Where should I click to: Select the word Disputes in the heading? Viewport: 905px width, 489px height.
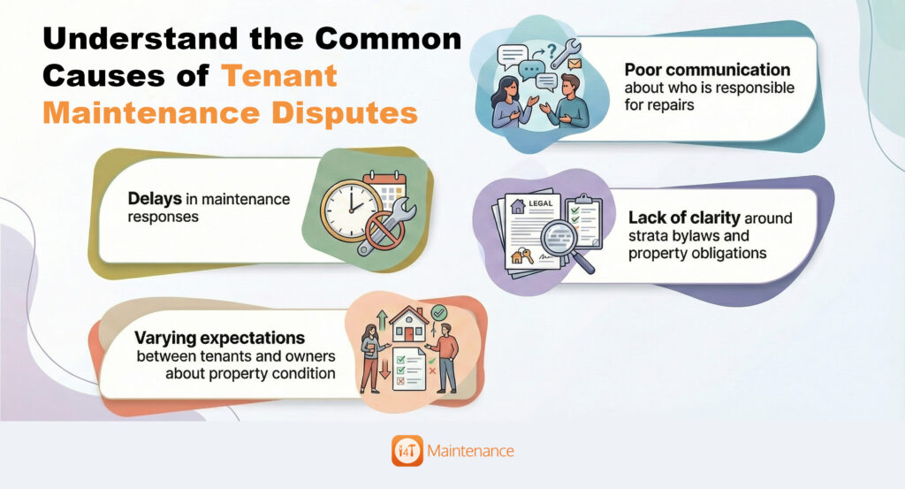tap(346, 113)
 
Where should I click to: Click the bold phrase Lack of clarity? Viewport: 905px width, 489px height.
tap(684, 217)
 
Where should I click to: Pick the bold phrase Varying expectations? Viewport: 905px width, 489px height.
tap(219, 338)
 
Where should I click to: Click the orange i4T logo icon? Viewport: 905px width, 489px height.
tap(407, 450)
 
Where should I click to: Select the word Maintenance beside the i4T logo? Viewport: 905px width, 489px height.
tap(469, 450)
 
